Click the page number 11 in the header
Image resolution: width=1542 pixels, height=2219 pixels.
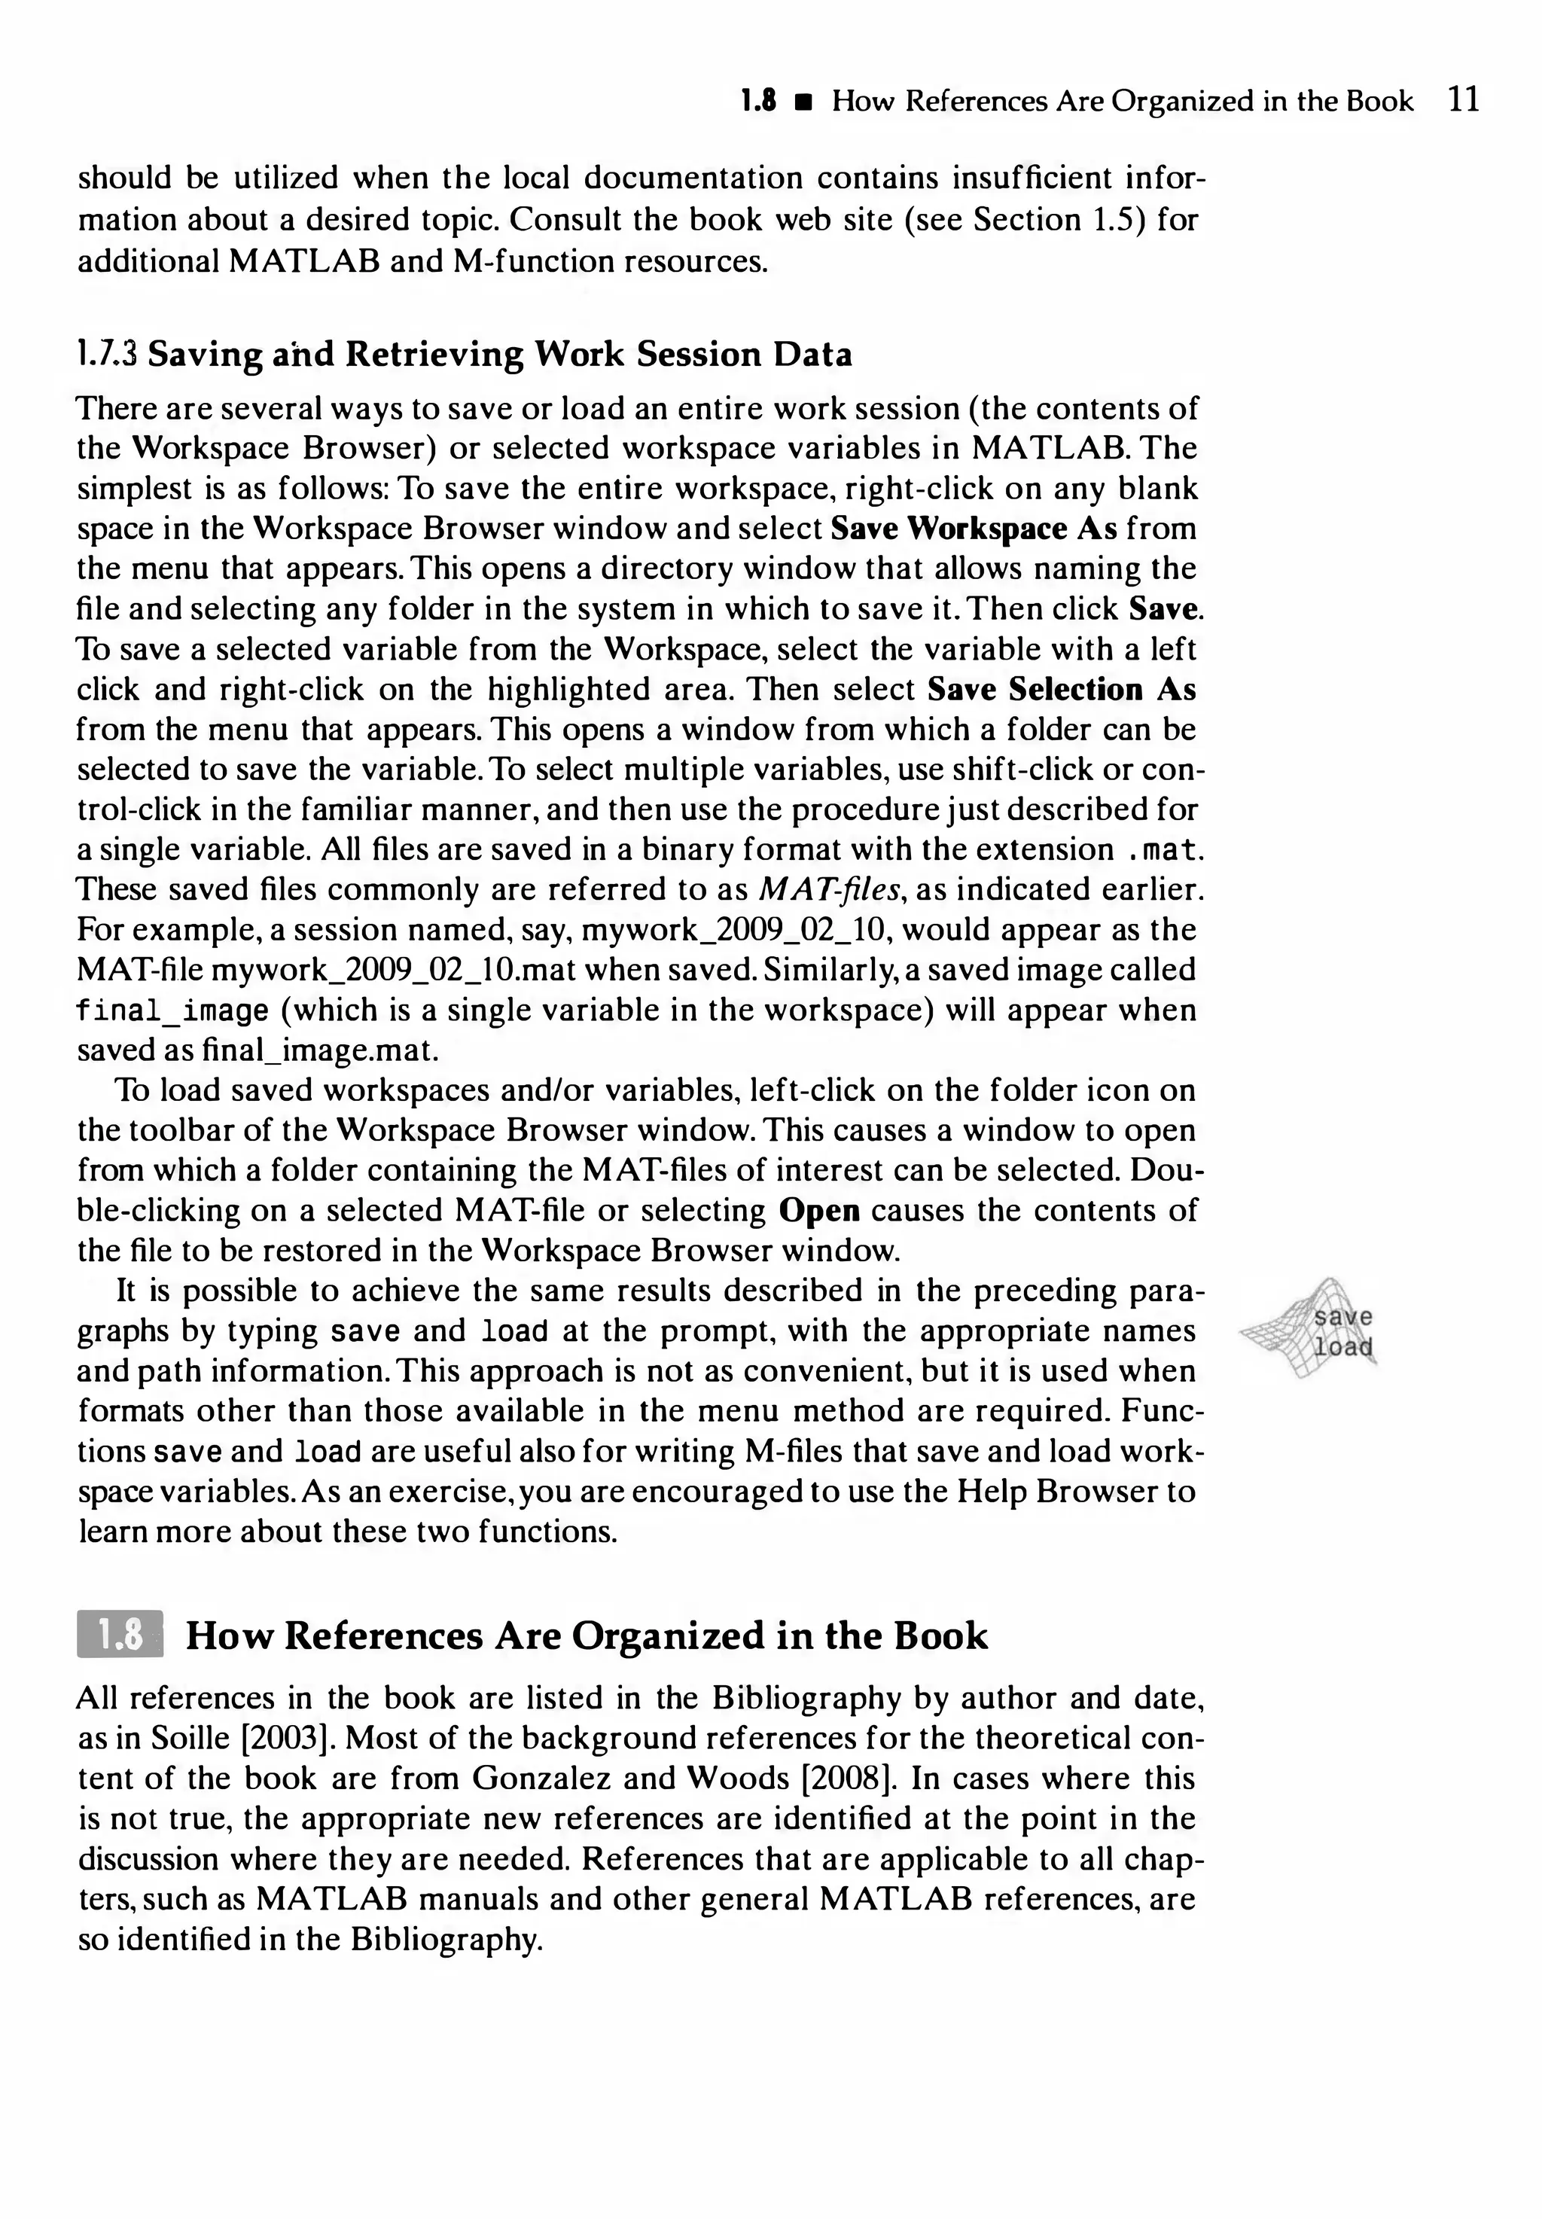[1464, 99]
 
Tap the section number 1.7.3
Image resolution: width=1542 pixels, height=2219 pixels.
[107, 355]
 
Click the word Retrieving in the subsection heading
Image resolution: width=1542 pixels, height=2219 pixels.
[434, 355]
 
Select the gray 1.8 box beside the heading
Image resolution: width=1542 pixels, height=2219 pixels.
[120, 1635]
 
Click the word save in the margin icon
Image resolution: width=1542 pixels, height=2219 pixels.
[1343, 1318]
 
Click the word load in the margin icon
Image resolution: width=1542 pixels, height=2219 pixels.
[1343, 1346]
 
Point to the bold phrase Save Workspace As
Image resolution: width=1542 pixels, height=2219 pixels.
[973, 529]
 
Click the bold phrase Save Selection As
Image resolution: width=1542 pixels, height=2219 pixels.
[1061, 689]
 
